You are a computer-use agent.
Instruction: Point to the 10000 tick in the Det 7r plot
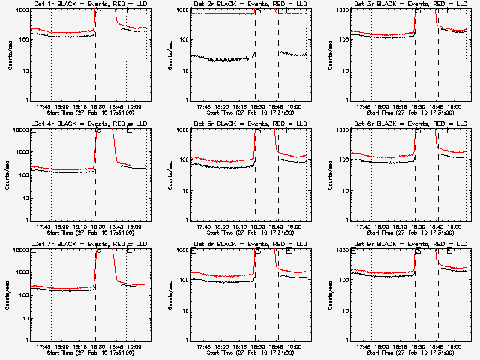point(19,250)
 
